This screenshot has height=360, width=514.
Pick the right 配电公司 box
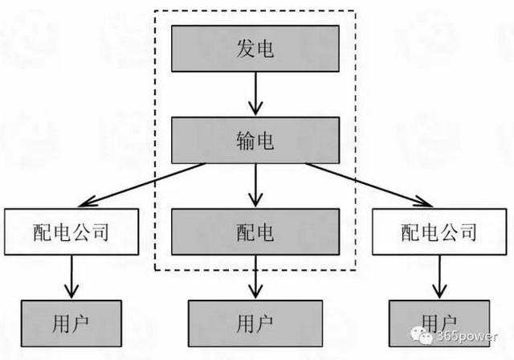(439, 232)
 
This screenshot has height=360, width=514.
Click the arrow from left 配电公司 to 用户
(71, 277)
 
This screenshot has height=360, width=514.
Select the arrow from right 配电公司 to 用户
(439, 277)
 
